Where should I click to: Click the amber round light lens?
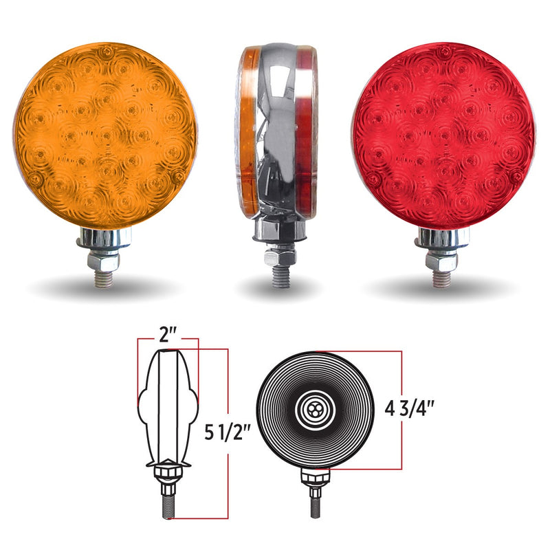point(105,135)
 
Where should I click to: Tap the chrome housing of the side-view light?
point(278,131)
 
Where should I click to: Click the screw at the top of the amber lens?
point(104,53)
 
